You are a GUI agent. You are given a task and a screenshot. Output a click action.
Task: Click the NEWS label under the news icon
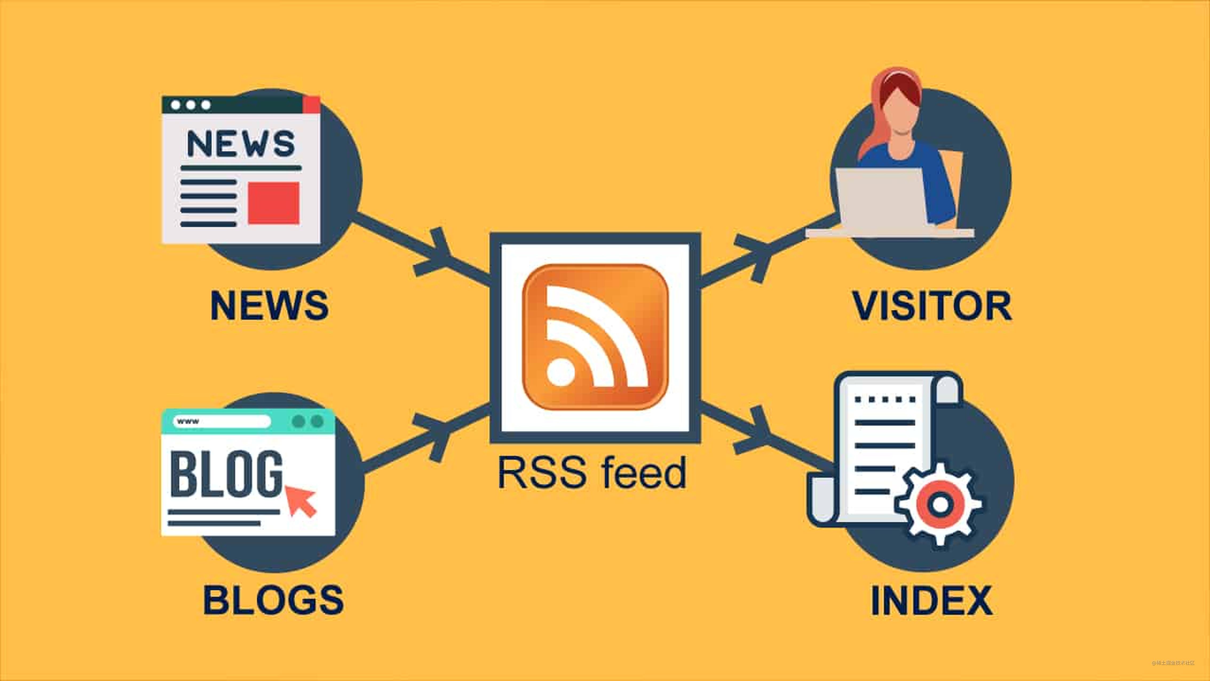[x=269, y=306]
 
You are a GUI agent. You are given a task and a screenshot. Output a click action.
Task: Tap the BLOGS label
[x=273, y=600]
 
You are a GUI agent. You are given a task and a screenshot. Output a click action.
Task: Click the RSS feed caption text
[x=592, y=473]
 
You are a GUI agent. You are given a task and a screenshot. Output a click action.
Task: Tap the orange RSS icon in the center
[x=595, y=337]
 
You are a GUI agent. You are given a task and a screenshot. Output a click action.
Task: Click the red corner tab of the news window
[x=311, y=104]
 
